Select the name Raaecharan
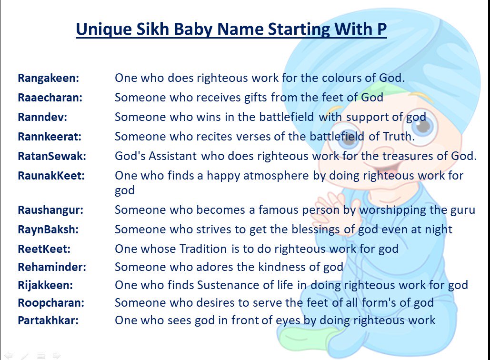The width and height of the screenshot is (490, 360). (50, 98)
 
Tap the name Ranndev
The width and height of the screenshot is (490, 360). (42, 117)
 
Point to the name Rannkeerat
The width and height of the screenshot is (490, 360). (50, 137)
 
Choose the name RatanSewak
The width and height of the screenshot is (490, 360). (52, 156)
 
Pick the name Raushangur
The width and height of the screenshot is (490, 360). (50, 210)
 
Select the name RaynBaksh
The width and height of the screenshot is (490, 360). (48, 230)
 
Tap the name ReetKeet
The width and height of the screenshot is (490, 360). (44, 249)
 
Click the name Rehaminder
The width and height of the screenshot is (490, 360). (52, 267)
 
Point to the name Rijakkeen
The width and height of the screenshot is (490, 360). (45, 285)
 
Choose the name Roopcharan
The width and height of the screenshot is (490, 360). (51, 303)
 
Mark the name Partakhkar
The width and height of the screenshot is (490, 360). (48, 320)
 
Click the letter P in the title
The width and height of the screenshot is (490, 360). (381, 29)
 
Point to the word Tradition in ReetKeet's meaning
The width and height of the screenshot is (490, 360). (203, 249)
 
